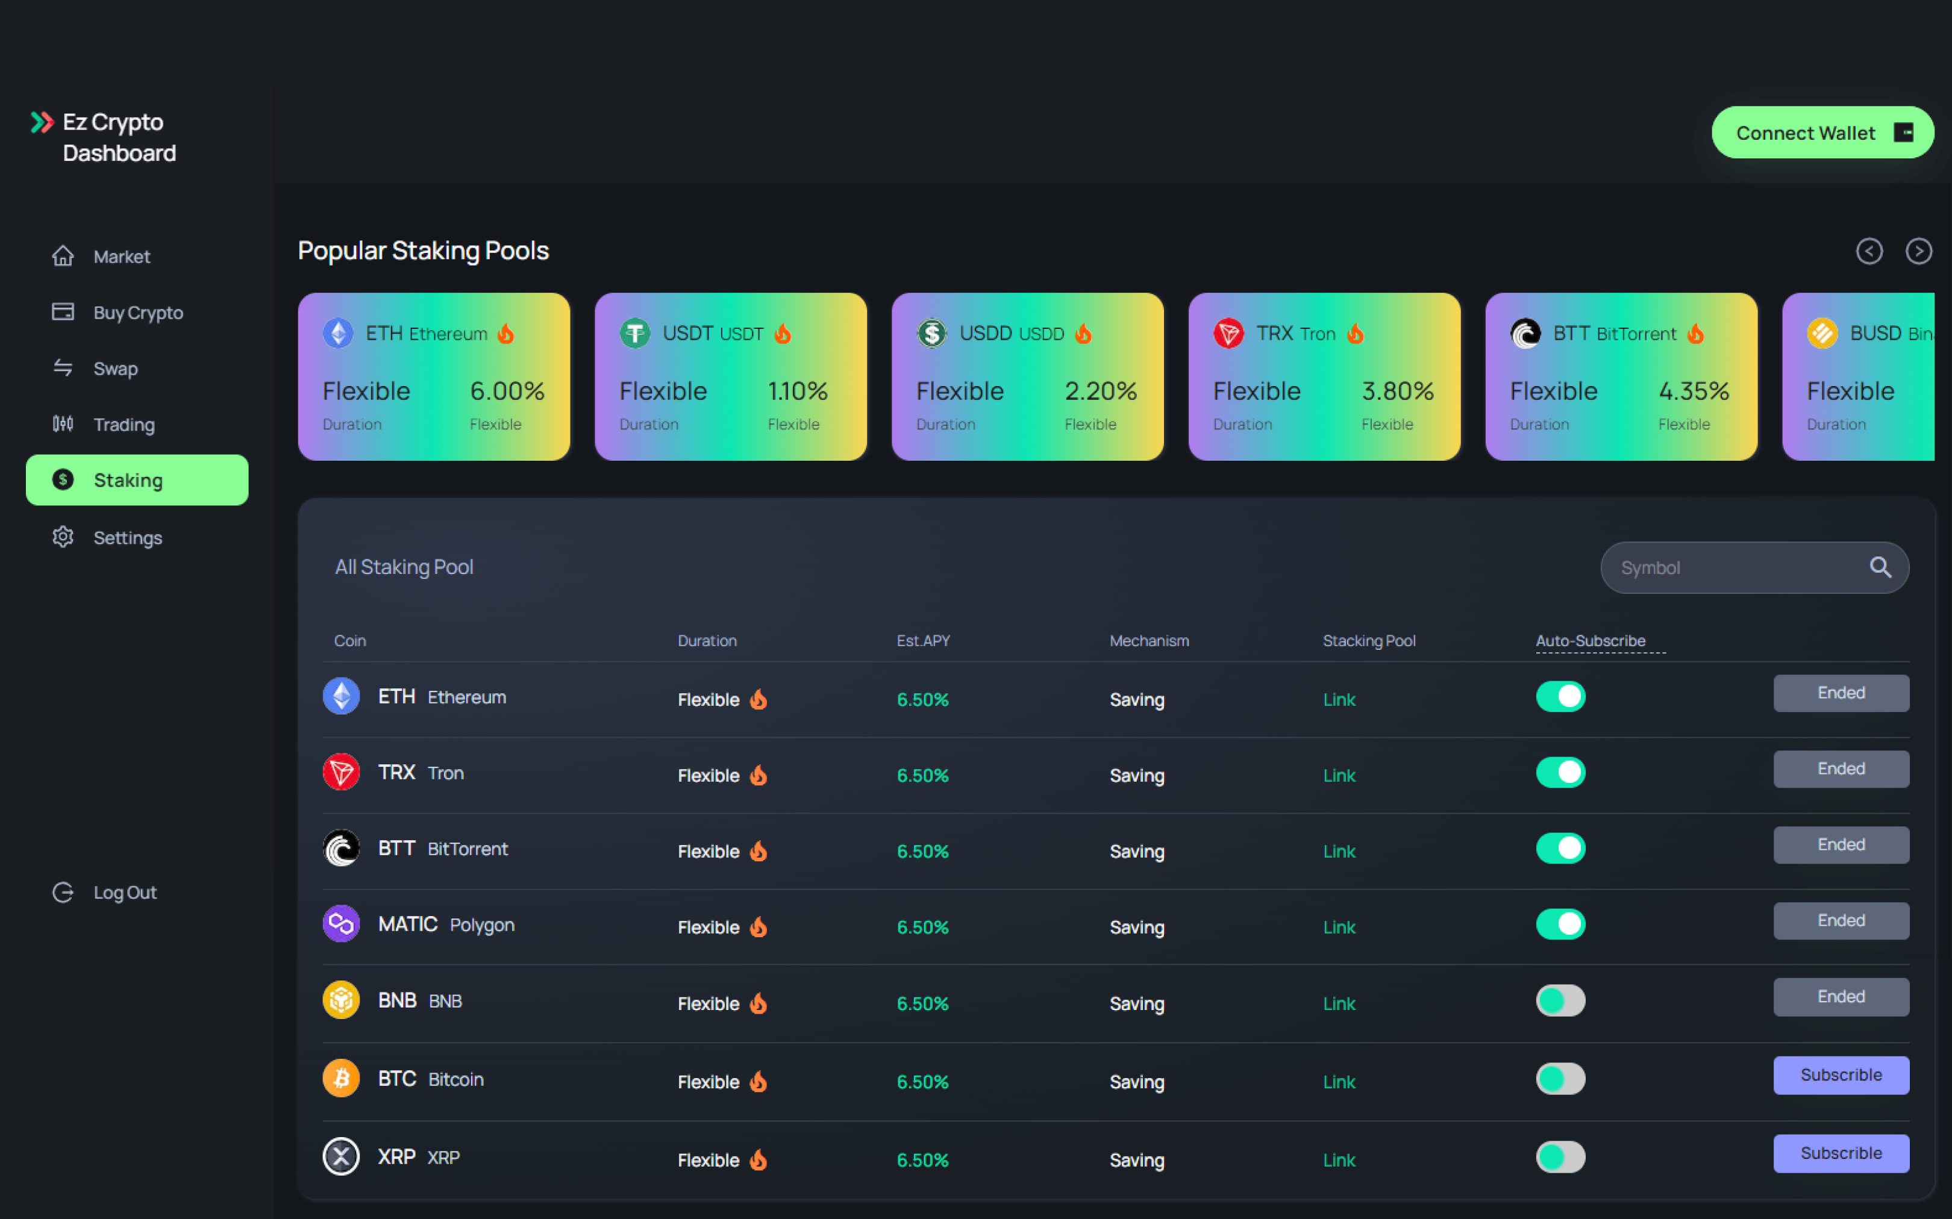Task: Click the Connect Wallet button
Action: click(x=1821, y=132)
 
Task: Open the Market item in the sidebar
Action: click(x=121, y=257)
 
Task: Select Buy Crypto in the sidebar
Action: click(x=137, y=313)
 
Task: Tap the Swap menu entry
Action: click(x=114, y=369)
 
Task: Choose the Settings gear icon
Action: click(x=63, y=537)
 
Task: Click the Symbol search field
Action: click(x=1733, y=567)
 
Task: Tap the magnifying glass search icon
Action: click(x=1880, y=567)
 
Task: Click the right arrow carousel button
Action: click(x=1918, y=251)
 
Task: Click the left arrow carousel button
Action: click(x=1869, y=251)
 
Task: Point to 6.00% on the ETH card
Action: click(x=507, y=391)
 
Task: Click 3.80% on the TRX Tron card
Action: click(x=1397, y=391)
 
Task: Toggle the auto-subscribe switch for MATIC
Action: click(x=1560, y=924)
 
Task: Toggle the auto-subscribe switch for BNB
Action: click(x=1560, y=1000)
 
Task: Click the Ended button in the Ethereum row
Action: click(x=1841, y=693)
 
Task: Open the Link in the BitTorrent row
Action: click(x=1339, y=852)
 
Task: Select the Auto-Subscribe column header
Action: click(x=1590, y=641)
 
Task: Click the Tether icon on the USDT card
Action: click(x=634, y=333)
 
